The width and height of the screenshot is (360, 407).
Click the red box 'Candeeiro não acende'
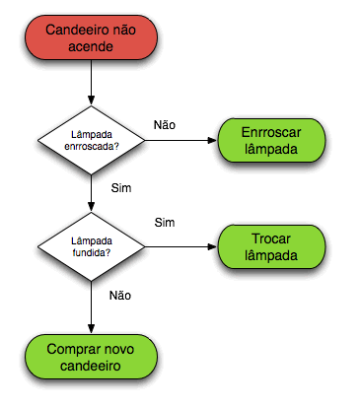click(92, 39)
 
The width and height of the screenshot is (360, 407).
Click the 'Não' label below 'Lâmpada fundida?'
click(120, 295)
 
